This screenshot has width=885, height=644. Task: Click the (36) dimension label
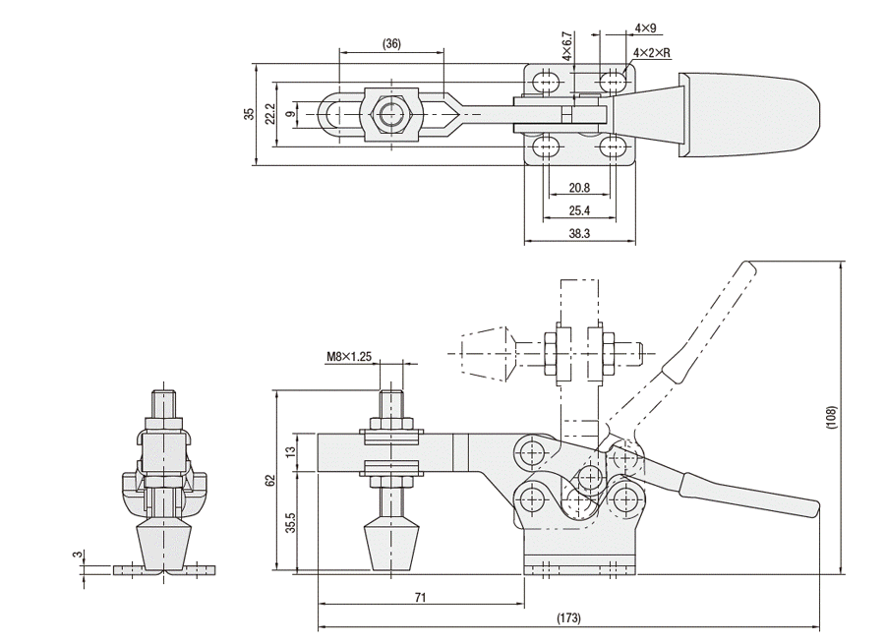click(391, 44)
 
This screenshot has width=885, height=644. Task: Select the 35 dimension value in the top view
click(251, 114)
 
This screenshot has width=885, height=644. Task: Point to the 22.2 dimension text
click(268, 114)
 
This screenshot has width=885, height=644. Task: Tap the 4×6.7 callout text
click(567, 45)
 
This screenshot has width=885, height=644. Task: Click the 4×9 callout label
click(646, 29)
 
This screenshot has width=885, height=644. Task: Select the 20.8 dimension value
click(579, 187)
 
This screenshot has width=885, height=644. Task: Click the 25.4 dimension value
click(579, 210)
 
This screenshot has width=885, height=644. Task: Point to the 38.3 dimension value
click(579, 235)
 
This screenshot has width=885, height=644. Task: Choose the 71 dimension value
click(419, 596)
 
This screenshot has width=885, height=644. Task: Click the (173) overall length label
click(569, 618)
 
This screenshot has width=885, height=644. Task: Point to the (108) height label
click(831, 417)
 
